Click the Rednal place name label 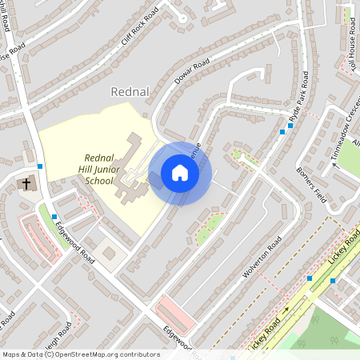point(131,91)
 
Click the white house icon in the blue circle point(180,173)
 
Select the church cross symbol point(26,185)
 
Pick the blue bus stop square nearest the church point(39,166)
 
